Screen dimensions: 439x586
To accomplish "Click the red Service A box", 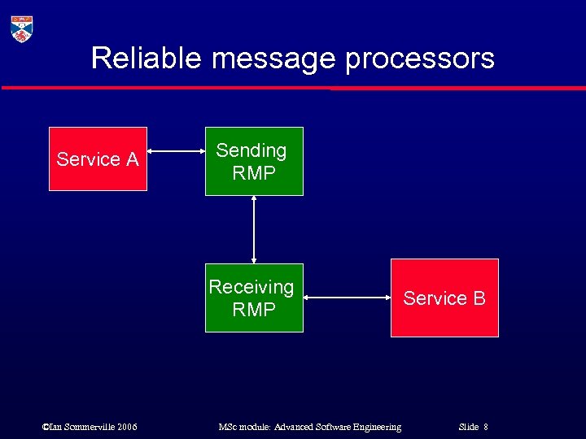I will (x=98, y=159).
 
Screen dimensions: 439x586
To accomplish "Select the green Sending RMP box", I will (x=253, y=161).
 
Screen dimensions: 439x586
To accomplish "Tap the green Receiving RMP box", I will (x=253, y=298).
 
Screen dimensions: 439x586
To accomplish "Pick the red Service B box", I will (x=444, y=298).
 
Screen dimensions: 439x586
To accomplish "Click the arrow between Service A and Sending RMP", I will (x=176, y=150).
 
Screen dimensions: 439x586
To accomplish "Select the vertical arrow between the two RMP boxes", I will (x=254, y=229).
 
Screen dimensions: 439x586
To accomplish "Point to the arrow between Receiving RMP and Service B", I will (x=347, y=298).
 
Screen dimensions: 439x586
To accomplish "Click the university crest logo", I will (x=22, y=28).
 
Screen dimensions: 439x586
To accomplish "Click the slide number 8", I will (x=485, y=427).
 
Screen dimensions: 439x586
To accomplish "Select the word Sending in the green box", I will (x=251, y=150).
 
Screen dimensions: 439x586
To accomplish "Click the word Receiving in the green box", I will (x=251, y=287).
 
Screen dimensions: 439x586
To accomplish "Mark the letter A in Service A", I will (x=132, y=159).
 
